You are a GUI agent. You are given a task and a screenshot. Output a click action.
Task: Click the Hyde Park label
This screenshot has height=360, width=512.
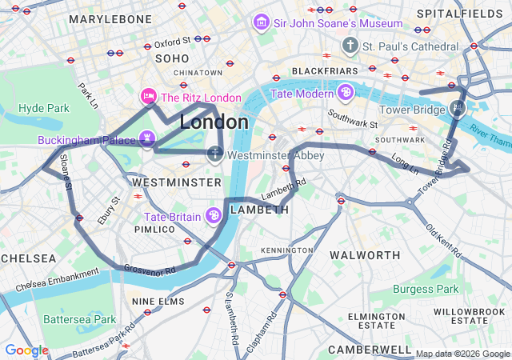tap(44, 107)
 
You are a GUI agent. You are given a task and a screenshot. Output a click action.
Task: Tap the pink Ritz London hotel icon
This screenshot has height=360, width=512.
tap(148, 98)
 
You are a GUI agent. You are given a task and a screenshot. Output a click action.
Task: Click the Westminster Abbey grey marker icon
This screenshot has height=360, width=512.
tap(215, 154)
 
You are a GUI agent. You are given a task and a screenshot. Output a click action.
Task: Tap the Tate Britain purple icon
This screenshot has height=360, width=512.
tap(214, 216)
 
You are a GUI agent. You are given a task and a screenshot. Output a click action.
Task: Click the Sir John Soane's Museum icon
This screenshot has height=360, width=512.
tap(262, 23)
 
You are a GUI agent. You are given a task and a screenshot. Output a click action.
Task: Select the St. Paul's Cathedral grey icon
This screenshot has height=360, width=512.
tap(350, 46)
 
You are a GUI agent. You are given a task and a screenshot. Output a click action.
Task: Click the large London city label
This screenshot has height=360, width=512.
tap(214, 122)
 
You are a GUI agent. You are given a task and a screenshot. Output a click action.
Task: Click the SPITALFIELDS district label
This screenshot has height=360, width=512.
tap(472, 14)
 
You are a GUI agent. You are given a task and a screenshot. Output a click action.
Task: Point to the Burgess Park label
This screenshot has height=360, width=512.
tap(426, 289)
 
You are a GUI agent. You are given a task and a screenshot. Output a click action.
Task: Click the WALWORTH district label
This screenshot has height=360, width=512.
tap(365, 255)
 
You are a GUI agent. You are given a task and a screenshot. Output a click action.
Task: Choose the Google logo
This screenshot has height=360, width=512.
tap(26, 350)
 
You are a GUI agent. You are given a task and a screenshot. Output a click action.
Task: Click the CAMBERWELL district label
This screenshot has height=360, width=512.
tap(369, 350)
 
